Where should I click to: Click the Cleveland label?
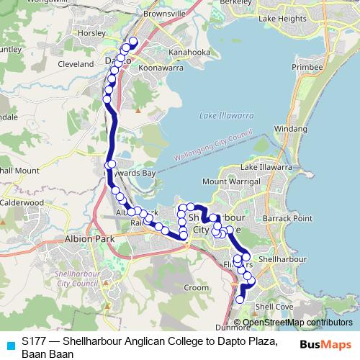coord(76,64)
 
